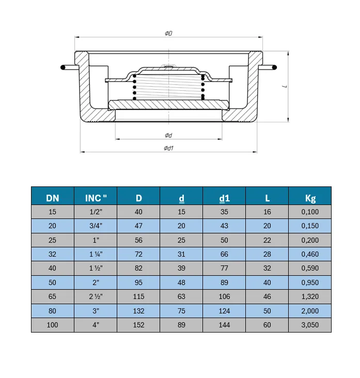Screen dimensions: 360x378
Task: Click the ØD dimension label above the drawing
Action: point(168,33)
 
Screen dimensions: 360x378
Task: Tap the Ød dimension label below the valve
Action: point(168,135)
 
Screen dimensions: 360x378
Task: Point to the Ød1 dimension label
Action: point(168,148)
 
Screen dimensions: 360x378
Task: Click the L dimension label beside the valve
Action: point(285,86)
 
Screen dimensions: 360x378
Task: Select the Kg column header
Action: point(310,198)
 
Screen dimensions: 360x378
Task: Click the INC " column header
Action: point(96,198)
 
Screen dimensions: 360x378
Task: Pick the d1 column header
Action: point(224,198)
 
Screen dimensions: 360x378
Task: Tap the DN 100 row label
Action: point(52,325)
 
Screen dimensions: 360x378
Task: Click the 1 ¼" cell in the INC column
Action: point(96,254)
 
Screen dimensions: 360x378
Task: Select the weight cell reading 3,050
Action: point(310,325)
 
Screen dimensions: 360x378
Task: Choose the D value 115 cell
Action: point(138,296)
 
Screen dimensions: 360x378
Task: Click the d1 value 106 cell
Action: point(224,296)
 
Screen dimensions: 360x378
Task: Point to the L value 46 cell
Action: point(267,296)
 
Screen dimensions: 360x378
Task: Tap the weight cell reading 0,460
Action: point(310,254)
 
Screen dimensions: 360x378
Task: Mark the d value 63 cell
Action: point(181,296)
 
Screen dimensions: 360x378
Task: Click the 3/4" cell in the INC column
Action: point(96,226)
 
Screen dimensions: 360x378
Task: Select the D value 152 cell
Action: point(138,325)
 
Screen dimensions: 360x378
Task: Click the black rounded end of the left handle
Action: point(63,68)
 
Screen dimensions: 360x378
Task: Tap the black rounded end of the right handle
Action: point(274,68)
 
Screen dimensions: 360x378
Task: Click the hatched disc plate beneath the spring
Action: point(168,105)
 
